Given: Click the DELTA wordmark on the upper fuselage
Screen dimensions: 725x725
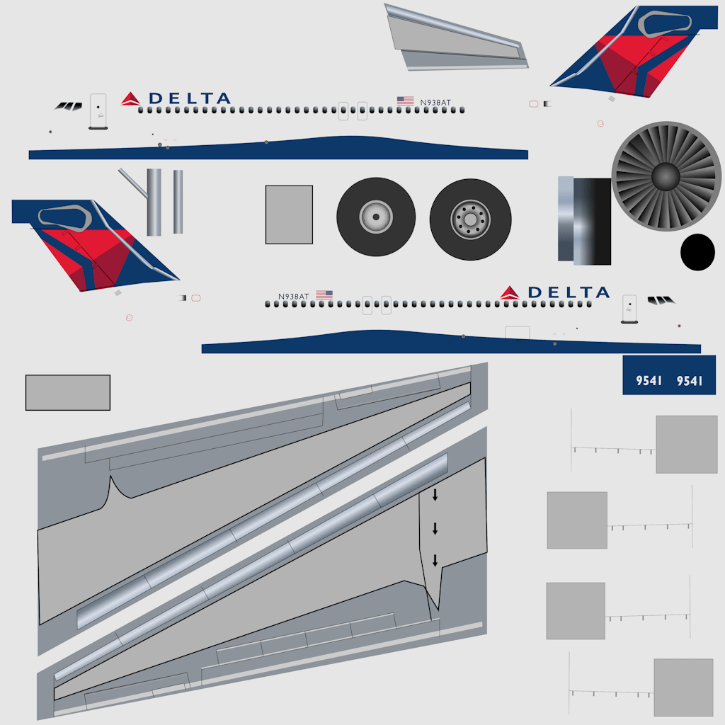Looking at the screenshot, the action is pos(190,98).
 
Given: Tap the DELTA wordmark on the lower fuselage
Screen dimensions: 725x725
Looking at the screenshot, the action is pos(569,292).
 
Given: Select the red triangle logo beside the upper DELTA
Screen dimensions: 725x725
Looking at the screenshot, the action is pos(130,99).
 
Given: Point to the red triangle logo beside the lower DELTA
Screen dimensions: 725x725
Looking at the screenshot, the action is pos(510,292).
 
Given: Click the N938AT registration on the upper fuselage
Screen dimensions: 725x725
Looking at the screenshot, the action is pos(435,103).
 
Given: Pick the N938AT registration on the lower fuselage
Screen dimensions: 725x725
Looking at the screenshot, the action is pos(293,297).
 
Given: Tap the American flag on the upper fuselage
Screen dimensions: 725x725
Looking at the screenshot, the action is pos(406,101).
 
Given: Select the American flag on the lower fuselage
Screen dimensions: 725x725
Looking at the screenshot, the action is pos(324,295).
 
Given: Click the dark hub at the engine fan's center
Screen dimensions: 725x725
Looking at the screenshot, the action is pos(666,176).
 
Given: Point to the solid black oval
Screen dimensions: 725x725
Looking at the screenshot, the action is pos(697,252).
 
